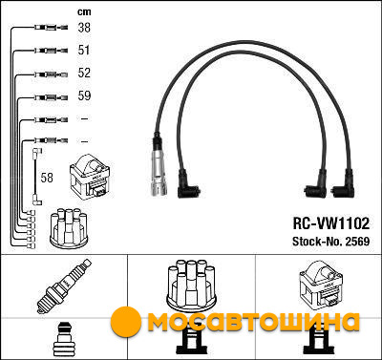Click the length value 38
pos(84,28)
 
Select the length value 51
pos(84,50)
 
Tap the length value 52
pos(84,73)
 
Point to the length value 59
pos(84,95)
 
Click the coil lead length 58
pos(47,178)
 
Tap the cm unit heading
pos(84,11)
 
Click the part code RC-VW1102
pos(331,223)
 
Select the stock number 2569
pos(357,242)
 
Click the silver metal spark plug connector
pos(159,167)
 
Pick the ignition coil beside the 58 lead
pos(90,177)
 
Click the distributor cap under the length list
pos(69,227)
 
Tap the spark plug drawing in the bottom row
pos(63,286)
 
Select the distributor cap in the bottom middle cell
pos(192,285)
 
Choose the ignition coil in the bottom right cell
pos(320,285)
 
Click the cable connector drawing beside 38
pos(52,28)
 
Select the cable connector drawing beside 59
pos(52,97)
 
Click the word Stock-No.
pos(317,242)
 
